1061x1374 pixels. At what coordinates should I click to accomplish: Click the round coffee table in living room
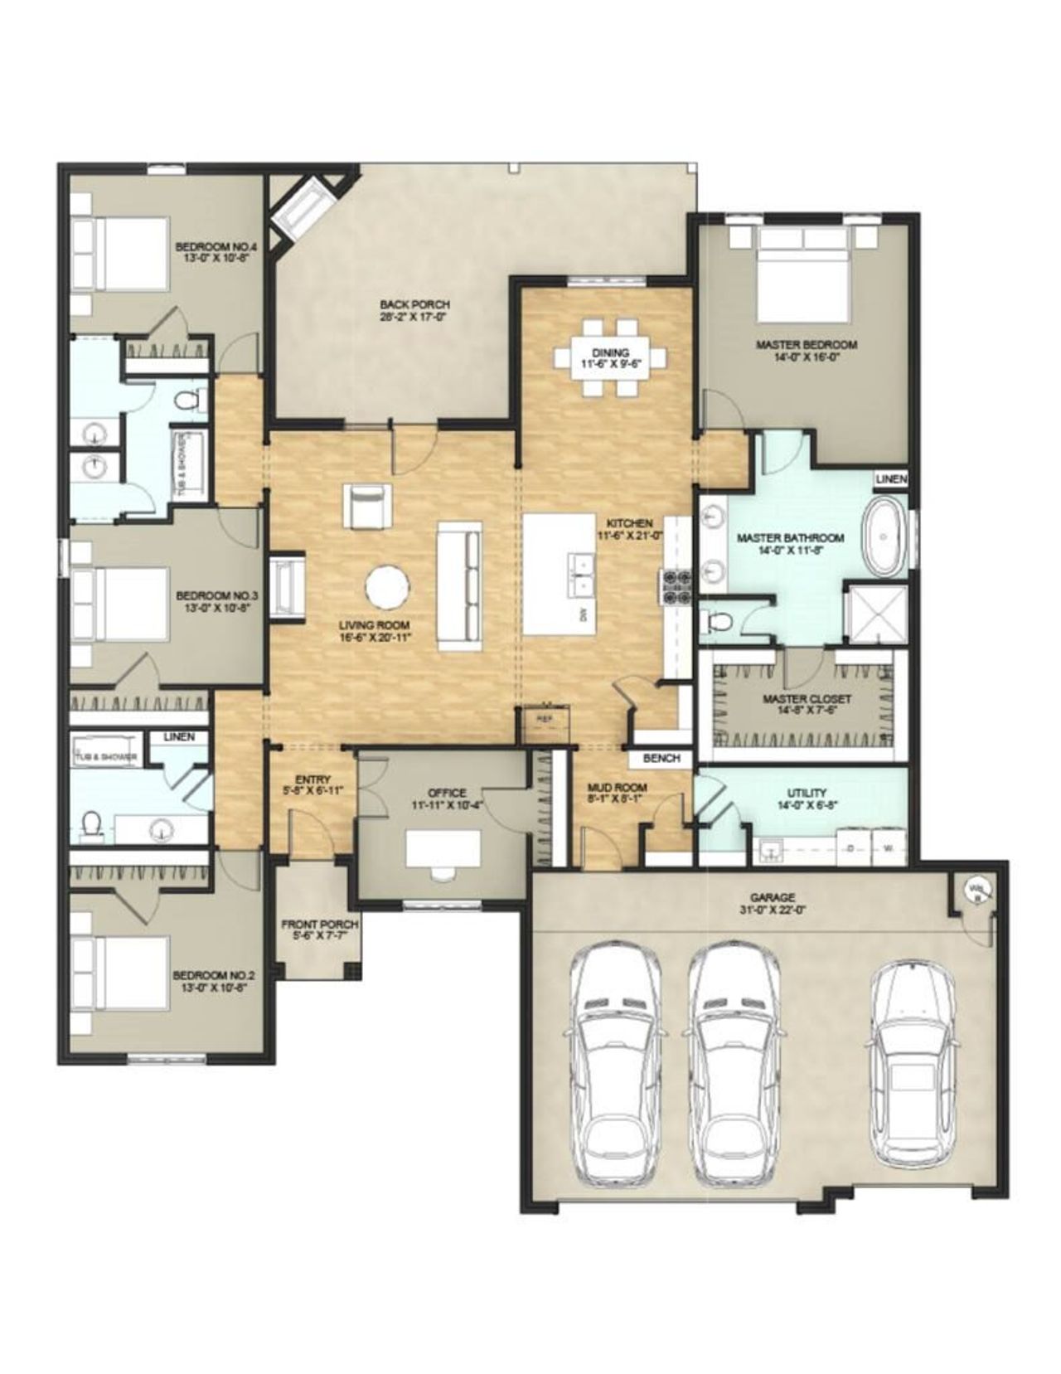(387, 586)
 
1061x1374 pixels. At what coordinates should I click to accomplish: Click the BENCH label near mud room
(661, 758)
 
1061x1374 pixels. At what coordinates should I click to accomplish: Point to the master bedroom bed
(804, 269)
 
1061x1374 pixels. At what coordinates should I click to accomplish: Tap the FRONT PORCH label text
(320, 924)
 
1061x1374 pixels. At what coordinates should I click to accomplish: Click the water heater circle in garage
(976, 891)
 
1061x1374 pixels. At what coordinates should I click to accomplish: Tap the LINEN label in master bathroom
(891, 479)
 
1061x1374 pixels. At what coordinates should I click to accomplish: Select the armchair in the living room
(366, 506)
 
